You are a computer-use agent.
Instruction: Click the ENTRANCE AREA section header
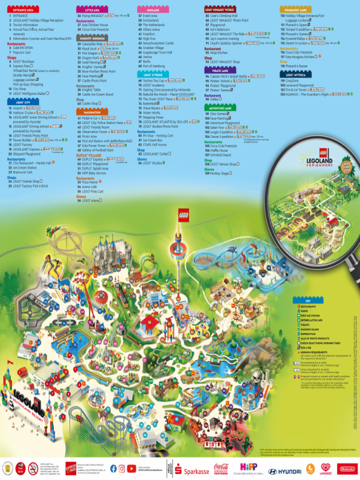[x=23, y=9]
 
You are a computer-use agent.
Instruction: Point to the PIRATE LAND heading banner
[x=221, y=70]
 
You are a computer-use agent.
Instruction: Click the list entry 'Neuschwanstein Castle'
[x=158, y=43]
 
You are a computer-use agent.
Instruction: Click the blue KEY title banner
[x=307, y=300]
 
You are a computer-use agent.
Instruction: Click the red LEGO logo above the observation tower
[x=183, y=215]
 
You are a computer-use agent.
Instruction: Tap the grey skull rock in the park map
[x=256, y=375]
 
